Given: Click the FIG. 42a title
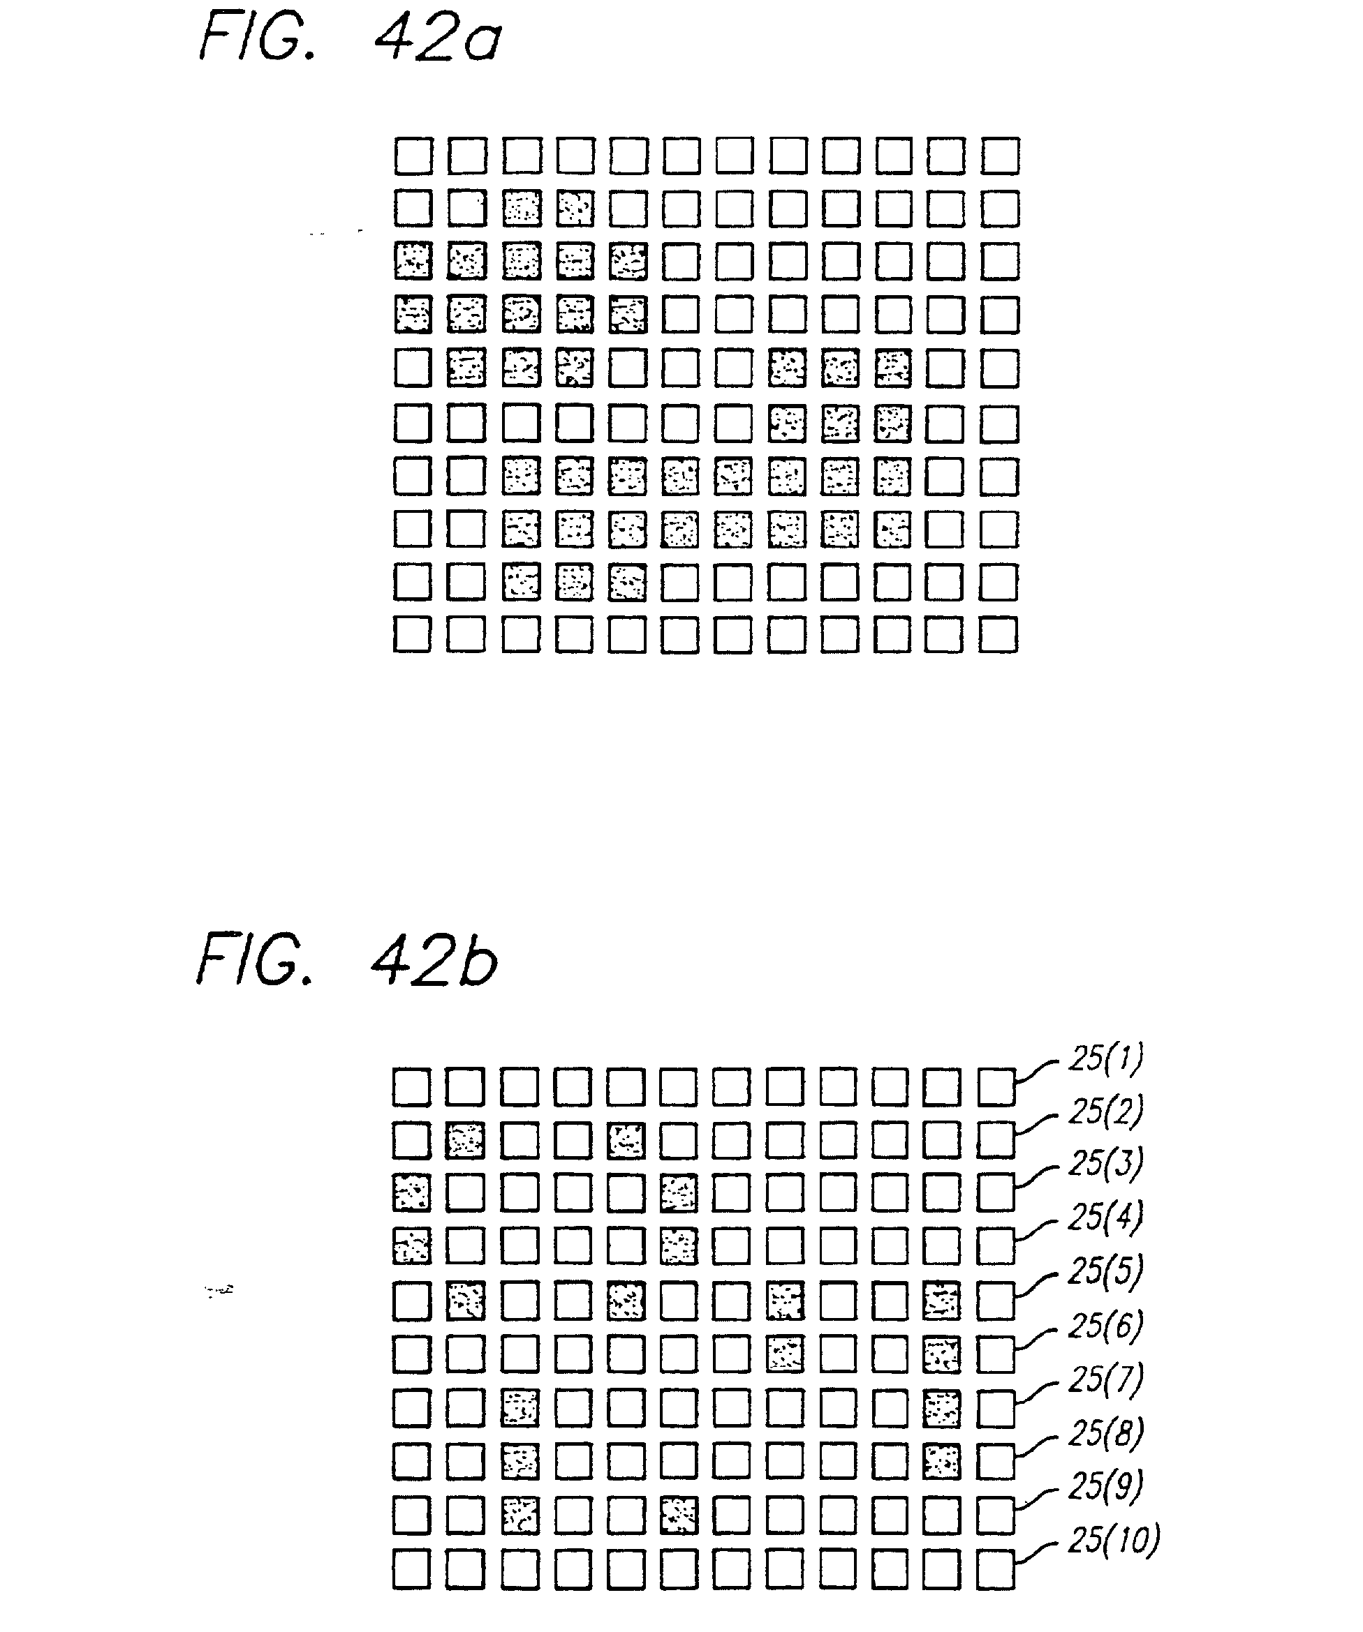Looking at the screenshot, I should [350, 39].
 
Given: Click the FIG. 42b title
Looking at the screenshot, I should [347, 961].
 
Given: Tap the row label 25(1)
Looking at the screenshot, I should [1105, 1058].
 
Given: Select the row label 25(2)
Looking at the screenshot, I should [1105, 1111].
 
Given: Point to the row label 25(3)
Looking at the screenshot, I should [1105, 1163].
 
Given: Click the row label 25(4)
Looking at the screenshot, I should [1105, 1217].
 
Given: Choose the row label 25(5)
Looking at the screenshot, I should [1105, 1271].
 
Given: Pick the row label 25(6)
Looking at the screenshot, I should [1105, 1326].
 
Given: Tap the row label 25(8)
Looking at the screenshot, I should [1105, 1433].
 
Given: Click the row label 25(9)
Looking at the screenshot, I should [1105, 1486].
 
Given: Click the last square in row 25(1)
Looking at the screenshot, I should [996, 1086].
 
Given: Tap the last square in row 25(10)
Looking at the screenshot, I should [996, 1569].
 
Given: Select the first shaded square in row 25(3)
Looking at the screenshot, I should [411, 1193].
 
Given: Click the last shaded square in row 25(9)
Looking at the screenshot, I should [679, 1515].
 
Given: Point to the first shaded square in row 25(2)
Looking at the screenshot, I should [465, 1140].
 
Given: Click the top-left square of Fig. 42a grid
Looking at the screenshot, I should [413, 156].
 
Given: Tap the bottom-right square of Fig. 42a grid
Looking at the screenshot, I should [999, 635].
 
